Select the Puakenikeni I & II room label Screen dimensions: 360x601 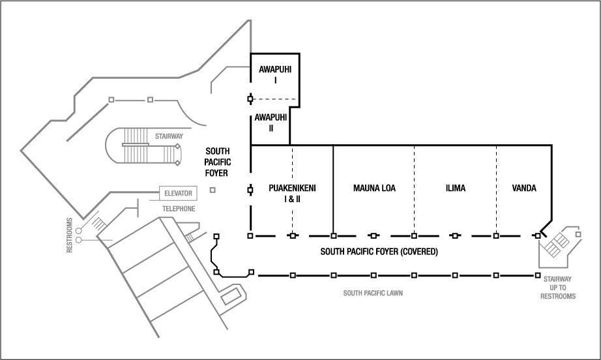tap(292, 193)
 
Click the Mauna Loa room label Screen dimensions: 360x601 tap(374, 188)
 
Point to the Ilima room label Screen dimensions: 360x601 tap(455, 188)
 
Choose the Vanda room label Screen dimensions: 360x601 tap(524, 188)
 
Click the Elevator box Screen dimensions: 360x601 tap(178, 194)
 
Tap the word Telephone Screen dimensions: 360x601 tap(179, 209)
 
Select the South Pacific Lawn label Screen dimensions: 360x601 tap(373, 293)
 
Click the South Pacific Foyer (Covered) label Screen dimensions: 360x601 tap(379, 251)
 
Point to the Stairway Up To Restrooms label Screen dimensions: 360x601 tap(559, 287)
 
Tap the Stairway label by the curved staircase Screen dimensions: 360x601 tap(168, 137)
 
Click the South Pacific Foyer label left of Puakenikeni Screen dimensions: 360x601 tap(216, 162)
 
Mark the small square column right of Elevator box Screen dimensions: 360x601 tap(213, 190)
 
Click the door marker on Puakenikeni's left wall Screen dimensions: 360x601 tap(250, 190)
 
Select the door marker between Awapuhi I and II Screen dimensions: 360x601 tap(250, 99)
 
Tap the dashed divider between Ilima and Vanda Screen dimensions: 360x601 tap(497, 189)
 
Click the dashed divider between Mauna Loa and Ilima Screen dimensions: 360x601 tap(414, 189)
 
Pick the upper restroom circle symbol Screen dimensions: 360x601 tap(78, 230)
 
